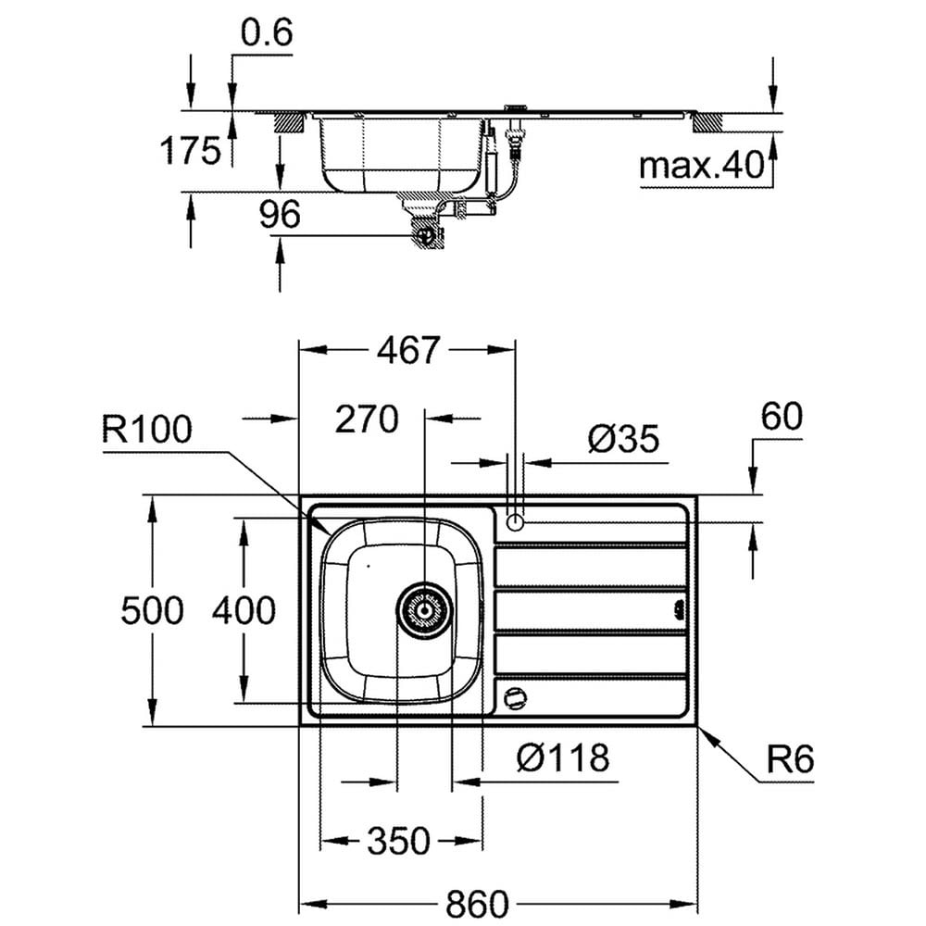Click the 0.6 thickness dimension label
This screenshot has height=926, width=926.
point(267,33)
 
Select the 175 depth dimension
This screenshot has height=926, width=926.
point(190,150)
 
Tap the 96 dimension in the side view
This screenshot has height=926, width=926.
point(280,214)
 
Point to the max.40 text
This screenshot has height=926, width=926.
point(702,166)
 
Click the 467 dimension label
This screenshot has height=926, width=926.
point(408,350)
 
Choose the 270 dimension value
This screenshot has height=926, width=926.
point(367,419)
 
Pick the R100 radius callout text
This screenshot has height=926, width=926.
point(147,429)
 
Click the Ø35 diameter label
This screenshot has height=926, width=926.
point(623,439)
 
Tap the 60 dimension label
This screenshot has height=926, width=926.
point(782,417)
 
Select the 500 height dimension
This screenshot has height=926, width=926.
point(153,610)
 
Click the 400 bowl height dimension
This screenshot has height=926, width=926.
point(244,610)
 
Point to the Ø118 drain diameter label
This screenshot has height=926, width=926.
point(563,757)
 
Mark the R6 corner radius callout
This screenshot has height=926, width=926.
point(790,759)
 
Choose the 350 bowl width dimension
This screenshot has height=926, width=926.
point(398,841)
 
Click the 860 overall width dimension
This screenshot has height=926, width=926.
point(477,904)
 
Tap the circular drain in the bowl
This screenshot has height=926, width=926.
point(424,610)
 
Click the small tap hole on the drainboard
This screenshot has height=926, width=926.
point(515,522)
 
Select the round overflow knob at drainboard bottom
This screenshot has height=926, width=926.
point(515,698)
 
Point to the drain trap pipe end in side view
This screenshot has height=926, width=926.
point(425,235)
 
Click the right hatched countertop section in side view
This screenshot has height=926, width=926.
point(708,123)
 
